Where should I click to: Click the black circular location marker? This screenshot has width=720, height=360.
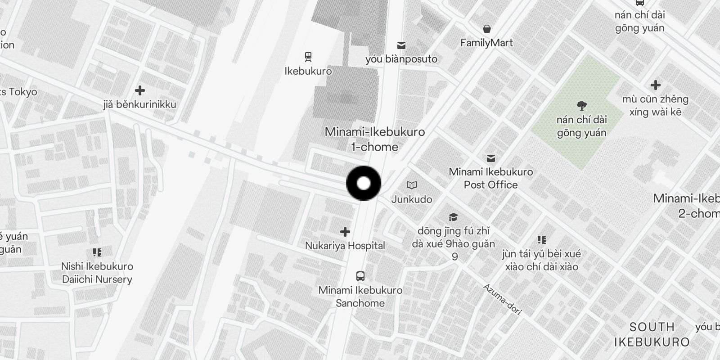point(364,183)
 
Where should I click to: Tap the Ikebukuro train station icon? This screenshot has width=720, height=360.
point(308,57)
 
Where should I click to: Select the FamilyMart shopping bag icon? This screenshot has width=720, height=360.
point(486,29)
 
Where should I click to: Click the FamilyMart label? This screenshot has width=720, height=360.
point(486,43)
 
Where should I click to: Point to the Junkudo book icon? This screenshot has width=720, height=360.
point(411,185)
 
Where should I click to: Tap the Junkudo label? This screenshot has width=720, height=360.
point(411,199)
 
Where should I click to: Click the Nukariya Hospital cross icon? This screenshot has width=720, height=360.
point(345,232)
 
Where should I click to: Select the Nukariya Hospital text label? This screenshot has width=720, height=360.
point(345,246)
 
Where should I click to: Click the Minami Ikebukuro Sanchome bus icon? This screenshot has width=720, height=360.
point(360,276)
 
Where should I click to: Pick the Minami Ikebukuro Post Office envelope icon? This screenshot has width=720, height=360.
point(491,158)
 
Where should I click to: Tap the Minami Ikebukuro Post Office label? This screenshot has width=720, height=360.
point(491,178)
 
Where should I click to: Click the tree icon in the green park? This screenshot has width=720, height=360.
point(582,106)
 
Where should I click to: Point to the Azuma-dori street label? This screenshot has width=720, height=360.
point(502,299)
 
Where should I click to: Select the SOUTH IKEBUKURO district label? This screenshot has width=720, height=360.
point(652,334)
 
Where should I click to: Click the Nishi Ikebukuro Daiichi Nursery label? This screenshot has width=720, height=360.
point(97,273)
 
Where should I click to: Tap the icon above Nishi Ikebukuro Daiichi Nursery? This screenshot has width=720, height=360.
point(97,252)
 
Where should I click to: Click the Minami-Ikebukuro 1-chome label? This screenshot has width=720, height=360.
point(375,139)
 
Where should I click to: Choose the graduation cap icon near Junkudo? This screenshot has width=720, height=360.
point(453,217)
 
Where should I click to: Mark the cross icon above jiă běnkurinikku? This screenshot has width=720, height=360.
point(140,90)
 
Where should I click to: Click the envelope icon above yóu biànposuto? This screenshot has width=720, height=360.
point(401,45)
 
